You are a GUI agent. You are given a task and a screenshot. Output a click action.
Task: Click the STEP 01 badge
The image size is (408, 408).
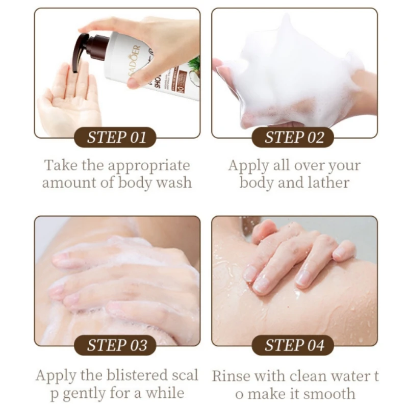pyautogui.click(x=117, y=137)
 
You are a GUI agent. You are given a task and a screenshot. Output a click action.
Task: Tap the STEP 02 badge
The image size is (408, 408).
pyautogui.click(x=294, y=137)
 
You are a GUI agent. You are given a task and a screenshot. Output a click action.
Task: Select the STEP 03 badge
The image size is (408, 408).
pyautogui.click(x=117, y=345)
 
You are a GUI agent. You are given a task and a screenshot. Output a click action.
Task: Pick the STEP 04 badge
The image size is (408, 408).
pyautogui.click(x=294, y=345)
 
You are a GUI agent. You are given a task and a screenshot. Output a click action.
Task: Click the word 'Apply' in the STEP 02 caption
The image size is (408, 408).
pyautogui.click(x=247, y=166)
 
